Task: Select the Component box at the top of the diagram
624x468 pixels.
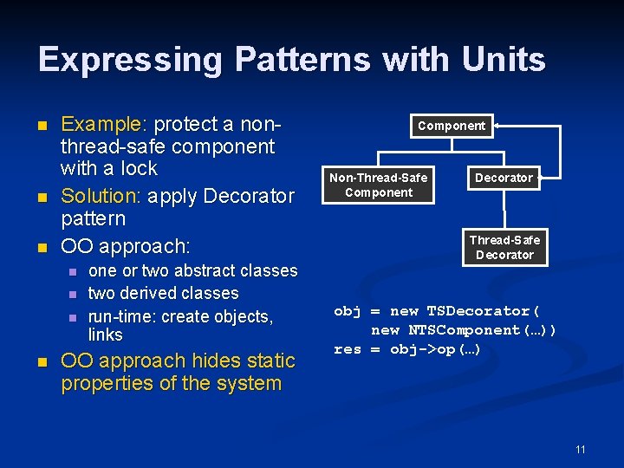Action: [452, 126]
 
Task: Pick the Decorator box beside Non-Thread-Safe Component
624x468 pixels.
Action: [504, 178]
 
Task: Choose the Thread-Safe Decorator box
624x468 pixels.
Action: [504, 247]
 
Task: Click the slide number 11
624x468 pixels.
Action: [581, 449]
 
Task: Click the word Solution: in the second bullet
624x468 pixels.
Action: [101, 196]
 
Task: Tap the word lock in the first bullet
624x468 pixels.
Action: [140, 168]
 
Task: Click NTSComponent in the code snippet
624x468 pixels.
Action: [464, 330]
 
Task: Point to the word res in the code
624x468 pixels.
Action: [347, 349]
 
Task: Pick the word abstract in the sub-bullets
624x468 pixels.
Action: [185, 270]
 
